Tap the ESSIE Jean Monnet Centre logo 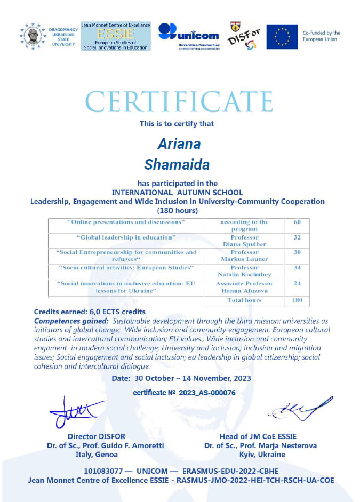pyautogui.click(x=116, y=36)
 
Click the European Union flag pyautogui.click(x=282, y=37)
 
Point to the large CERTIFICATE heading pyautogui.click(x=179, y=101)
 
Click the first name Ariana pyautogui.click(x=179, y=145)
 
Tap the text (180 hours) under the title pyautogui.click(x=178, y=210)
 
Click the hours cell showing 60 pyautogui.click(x=297, y=222)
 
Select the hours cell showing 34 pyautogui.click(x=297, y=267)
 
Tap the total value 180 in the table pyautogui.click(x=297, y=300)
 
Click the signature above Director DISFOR pyautogui.click(x=75, y=412)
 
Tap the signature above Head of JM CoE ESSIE pyautogui.click(x=299, y=409)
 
